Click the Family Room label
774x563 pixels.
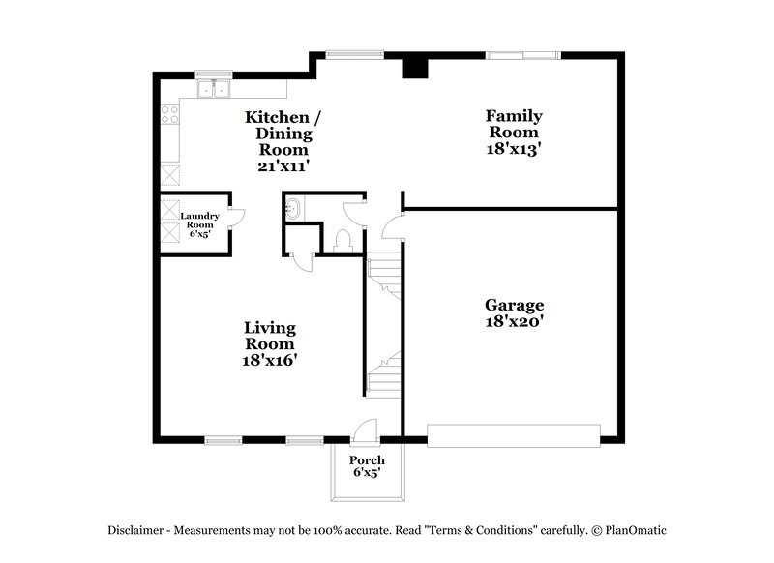click(x=513, y=124)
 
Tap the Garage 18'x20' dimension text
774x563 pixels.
click(x=514, y=322)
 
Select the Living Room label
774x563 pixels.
click(x=269, y=336)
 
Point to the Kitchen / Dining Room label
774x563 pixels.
click(x=283, y=133)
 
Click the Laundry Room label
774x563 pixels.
click(x=200, y=221)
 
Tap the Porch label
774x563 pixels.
click(x=368, y=459)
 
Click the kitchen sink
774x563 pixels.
click(x=213, y=90)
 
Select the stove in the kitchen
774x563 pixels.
click(x=169, y=116)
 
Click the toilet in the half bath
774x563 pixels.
click(x=342, y=241)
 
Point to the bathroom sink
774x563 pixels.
click(x=292, y=207)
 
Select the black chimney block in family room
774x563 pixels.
click(x=415, y=66)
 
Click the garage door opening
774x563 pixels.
click(x=513, y=437)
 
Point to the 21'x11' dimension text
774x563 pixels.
click(x=283, y=165)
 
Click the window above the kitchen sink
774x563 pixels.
click(x=214, y=73)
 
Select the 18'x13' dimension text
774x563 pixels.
click(x=513, y=149)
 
